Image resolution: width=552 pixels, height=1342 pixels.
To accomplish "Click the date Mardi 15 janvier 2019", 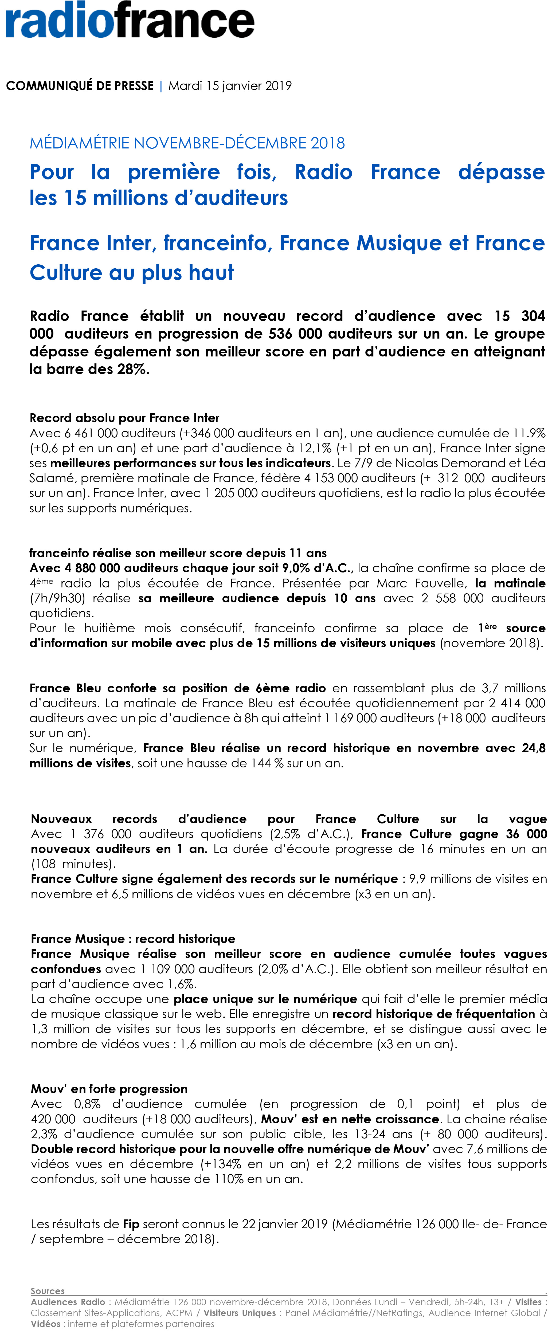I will [x=230, y=86].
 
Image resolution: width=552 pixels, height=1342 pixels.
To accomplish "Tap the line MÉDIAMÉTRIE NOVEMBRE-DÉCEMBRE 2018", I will [x=187, y=143].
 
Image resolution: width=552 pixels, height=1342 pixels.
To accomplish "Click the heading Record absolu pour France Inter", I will [x=124, y=418].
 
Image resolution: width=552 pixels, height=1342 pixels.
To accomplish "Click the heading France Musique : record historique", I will [x=133, y=939].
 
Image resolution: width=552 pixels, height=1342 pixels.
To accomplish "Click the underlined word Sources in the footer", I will [x=48, y=1291].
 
